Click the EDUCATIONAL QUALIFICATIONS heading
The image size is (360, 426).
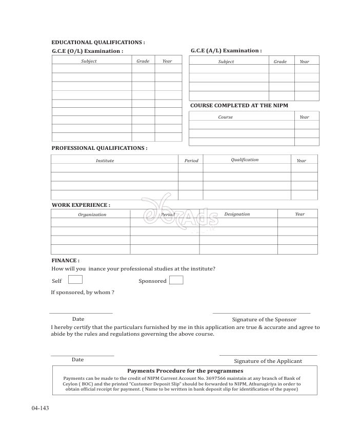[98, 42]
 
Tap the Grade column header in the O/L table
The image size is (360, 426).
[143, 61]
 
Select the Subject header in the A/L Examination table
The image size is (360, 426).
[226, 62]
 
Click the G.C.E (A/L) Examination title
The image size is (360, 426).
[226, 50]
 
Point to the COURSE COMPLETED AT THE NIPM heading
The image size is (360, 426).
[239, 105]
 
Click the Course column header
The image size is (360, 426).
[225, 117]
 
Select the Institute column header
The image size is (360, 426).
[105, 161]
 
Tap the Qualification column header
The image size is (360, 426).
[245, 160]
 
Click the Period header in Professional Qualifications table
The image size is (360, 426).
[191, 161]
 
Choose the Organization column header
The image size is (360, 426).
[92, 215]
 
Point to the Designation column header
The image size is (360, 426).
[237, 214]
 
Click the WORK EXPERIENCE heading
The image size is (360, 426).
[81, 205]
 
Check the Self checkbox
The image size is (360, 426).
[75, 280]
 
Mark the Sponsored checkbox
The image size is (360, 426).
[176, 280]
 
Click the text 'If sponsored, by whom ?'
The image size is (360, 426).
[83, 292]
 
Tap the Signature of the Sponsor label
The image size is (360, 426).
[264, 319]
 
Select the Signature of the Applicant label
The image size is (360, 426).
[268, 361]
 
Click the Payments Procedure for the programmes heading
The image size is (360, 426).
[185, 371]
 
